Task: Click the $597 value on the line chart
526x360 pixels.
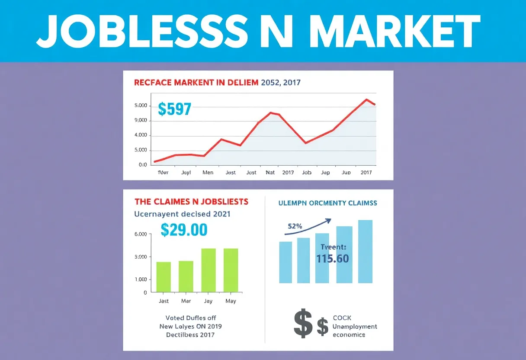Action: point(174,109)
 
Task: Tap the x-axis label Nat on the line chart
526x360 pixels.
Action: point(270,172)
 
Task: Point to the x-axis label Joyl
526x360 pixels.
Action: point(186,172)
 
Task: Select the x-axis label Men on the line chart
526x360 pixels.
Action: point(208,172)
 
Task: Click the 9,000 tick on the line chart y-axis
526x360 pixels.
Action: point(141,121)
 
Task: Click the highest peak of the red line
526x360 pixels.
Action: point(367,100)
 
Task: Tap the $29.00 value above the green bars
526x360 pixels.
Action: point(184,230)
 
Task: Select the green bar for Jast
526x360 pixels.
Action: point(164,276)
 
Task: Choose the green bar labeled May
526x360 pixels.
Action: point(231,270)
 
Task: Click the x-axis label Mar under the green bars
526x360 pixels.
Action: point(186,301)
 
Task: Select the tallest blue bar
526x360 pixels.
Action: point(365,251)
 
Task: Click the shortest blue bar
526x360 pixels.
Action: point(285,262)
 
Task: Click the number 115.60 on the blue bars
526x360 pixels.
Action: point(332,259)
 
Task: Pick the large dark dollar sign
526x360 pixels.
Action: point(303,323)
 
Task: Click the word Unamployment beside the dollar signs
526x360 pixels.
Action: point(355,327)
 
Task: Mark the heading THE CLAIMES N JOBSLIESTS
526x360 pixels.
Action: point(191,202)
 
